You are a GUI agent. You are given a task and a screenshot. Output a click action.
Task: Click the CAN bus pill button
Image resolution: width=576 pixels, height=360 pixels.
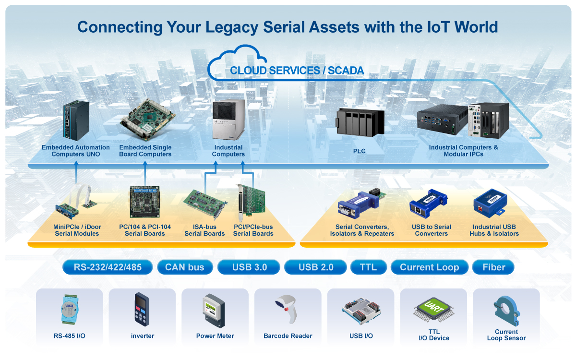pos(185,267)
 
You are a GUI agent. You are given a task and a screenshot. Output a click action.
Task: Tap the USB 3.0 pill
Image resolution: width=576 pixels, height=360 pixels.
pos(249,267)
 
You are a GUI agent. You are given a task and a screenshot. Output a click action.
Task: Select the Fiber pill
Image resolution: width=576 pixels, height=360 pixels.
pos(493,267)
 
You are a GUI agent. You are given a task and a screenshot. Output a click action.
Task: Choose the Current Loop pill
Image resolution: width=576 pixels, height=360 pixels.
pos(430,267)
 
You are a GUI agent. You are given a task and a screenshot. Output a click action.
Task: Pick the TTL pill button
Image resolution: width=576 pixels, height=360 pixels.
pos(369,267)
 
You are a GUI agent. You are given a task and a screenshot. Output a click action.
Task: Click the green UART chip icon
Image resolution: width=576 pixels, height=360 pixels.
pos(433,310)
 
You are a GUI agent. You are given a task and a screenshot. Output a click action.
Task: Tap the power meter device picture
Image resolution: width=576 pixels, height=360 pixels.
pos(214,311)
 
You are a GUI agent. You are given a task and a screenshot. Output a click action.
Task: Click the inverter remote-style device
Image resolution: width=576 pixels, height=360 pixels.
pos(142,309)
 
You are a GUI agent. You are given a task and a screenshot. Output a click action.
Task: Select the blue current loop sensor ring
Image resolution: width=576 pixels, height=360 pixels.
pos(506,311)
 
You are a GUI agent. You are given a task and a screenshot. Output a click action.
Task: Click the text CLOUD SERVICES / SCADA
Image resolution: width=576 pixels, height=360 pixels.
pos(297,71)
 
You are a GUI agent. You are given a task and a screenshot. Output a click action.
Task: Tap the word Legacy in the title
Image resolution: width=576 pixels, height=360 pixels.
pos(232,27)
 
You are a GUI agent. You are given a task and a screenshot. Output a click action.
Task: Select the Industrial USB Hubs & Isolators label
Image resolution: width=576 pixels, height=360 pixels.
pos(494,230)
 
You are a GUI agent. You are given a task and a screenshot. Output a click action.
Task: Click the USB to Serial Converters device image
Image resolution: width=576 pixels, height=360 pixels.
pos(428,204)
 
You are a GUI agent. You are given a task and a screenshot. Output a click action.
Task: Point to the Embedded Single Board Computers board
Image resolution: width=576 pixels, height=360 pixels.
pos(147,120)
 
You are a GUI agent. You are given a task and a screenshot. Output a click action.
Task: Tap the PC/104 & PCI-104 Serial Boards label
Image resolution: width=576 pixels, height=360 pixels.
pos(145,230)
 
